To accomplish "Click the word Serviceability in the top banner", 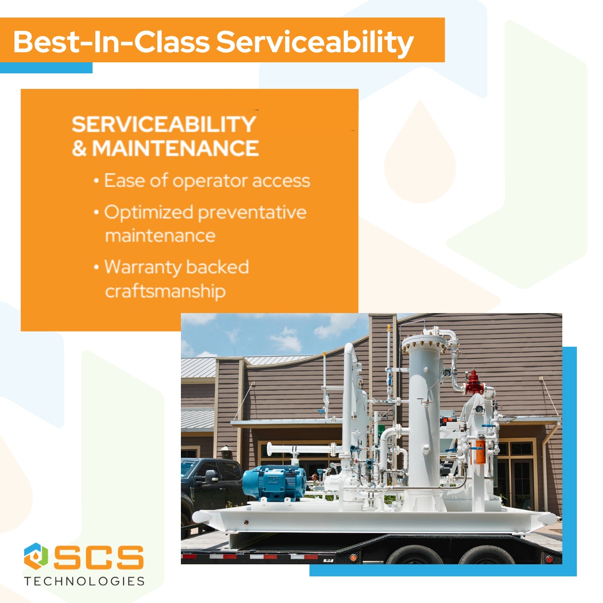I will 315,42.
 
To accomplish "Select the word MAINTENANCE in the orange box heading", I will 175,149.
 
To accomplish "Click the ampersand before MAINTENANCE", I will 79,149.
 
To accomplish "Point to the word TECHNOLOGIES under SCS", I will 84,581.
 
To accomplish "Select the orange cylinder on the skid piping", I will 480,451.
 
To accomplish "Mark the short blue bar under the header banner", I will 46,68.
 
